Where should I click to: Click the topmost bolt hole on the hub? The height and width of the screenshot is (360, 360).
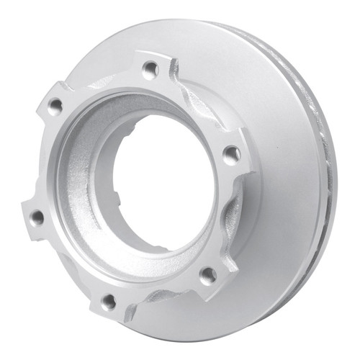pyautogui.click(x=150, y=70)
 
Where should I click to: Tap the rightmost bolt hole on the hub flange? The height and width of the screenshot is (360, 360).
pyautogui.click(x=231, y=153)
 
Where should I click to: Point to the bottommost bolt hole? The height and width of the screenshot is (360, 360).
pyautogui.click(x=109, y=301)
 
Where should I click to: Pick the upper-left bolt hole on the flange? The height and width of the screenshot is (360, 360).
pyautogui.click(x=55, y=107)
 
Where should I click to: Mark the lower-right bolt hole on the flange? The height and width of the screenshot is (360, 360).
pyautogui.click(x=208, y=274)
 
